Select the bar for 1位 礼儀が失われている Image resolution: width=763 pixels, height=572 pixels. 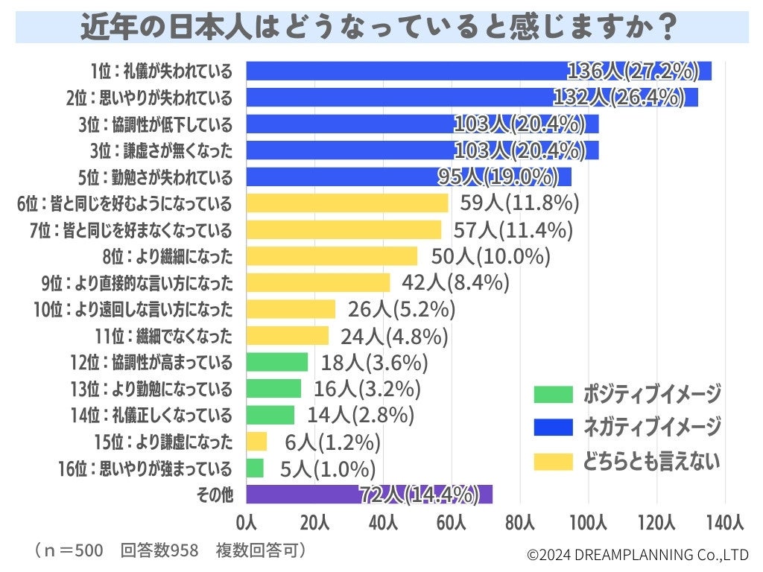point(477,71)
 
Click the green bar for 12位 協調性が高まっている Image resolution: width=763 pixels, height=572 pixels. point(276,362)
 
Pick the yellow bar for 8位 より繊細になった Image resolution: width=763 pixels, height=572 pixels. point(331,256)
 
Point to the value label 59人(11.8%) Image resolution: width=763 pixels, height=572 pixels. point(516,203)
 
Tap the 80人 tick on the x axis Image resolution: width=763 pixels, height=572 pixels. point(520,522)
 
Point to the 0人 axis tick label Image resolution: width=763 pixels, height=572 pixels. point(246,522)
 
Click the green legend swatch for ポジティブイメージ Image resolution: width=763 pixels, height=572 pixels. point(553,394)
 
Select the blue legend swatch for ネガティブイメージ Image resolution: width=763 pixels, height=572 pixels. point(553,427)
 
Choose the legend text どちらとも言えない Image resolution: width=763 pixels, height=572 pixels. point(651,462)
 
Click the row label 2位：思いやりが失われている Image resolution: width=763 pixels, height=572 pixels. point(149,98)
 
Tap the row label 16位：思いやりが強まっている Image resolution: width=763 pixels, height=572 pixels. point(145,468)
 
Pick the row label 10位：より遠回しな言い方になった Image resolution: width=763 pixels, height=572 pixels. point(133,309)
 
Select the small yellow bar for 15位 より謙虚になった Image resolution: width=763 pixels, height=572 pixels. point(256,442)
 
